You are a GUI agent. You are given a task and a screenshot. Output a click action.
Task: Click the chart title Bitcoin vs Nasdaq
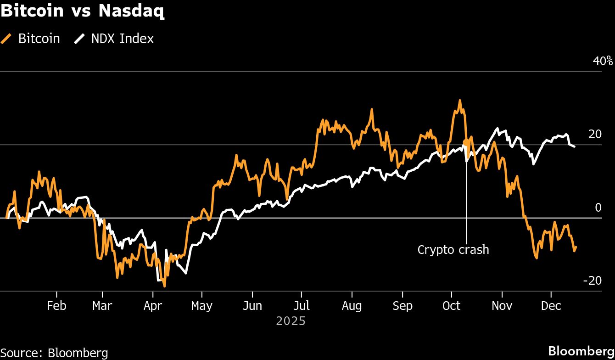click(83, 11)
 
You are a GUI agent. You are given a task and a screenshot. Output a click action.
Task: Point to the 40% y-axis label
click(603, 61)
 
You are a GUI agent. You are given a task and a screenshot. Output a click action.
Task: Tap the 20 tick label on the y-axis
click(594, 134)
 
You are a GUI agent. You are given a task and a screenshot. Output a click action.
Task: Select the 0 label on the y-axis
click(598, 208)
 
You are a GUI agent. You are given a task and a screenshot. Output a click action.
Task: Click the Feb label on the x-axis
click(56, 306)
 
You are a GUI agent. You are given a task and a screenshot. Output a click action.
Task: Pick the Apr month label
click(152, 306)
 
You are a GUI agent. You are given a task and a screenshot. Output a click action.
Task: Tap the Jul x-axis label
click(302, 306)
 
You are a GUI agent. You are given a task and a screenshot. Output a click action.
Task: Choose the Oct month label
click(451, 306)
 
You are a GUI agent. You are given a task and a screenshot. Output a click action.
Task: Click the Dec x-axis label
click(551, 306)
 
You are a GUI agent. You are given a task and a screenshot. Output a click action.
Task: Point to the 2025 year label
click(291, 321)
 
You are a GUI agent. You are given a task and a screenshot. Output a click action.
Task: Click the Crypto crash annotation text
click(453, 250)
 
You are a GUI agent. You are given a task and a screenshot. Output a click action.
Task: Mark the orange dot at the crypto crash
click(466, 142)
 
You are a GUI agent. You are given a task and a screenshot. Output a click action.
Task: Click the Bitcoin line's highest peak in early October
click(459, 100)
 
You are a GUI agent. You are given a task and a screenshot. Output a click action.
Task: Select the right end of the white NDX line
click(575, 146)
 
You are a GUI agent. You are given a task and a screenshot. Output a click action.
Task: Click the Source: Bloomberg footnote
click(54, 353)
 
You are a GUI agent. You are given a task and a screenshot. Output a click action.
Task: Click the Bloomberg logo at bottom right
click(581, 351)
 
